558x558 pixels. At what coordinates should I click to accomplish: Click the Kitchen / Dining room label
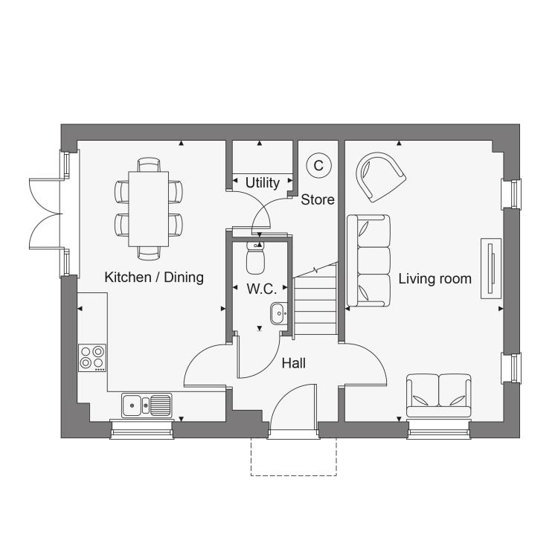[x=154, y=278]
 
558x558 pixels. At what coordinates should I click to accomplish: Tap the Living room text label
[x=435, y=279]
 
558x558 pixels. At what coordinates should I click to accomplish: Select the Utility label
[x=263, y=183]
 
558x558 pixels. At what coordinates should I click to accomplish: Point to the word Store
[x=318, y=199]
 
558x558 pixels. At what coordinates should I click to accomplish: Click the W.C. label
[x=262, y=289]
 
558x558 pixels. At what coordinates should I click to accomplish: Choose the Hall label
[x=294, y=363]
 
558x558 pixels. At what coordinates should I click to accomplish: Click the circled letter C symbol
[x=319, y=165]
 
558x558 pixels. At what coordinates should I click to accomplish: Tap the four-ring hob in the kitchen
[x=92, y=358]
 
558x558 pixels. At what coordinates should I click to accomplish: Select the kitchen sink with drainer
[x=147, y=405]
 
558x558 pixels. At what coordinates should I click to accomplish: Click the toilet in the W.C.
[x=255, y=257]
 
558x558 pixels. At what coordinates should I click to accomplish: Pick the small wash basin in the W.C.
[x=279, y=313]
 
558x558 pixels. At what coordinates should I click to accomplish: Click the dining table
[x=148, y=209]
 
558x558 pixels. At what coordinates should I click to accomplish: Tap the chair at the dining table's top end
[x=149, y=164]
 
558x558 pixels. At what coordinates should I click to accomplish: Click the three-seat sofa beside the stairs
[x=369, y=260]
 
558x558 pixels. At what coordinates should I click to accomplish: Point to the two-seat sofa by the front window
[x=439, y=395]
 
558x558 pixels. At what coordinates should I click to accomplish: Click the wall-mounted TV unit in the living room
[x=491, y=269]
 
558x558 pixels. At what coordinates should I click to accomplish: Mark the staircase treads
[x=315, y=305]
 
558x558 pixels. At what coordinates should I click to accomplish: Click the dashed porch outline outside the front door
[x=294, y=475]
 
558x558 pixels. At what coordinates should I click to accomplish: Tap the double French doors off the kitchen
[x=45, y=214]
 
